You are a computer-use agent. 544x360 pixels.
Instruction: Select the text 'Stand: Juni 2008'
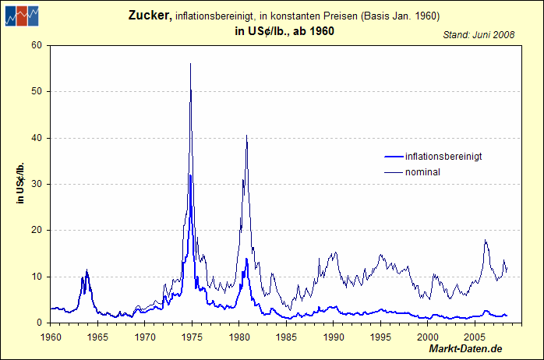[x=478, y=35]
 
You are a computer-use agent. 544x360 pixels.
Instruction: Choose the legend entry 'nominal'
[x=423, y=171]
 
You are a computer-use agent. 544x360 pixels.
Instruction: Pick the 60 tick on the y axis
[x=37, y=45]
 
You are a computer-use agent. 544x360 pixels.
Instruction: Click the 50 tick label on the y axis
[x=37, y=92]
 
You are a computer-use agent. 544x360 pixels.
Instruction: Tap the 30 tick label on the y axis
[x=37, y=185]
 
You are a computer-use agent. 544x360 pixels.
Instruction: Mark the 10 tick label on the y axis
[x=37, y=277]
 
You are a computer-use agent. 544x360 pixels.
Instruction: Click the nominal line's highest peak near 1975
[x=190, y=64]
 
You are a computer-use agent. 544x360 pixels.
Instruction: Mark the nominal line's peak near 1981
[x=247, y=136]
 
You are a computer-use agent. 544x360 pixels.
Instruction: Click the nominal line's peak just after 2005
[x=486, y=240]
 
